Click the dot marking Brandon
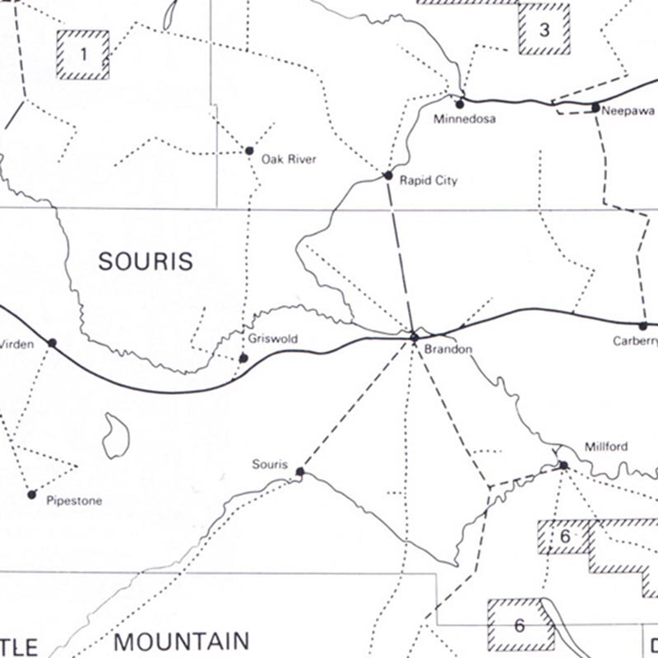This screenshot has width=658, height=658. tap(415, 337)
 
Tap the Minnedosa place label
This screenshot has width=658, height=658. tap(465, 119)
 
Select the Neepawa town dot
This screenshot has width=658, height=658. tap(595, 107)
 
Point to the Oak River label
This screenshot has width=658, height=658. tap(289, 159)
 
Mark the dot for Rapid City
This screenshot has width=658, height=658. tap(388, 175)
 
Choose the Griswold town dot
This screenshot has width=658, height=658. tap(243, 358)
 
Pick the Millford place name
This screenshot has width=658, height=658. tap(605, 447)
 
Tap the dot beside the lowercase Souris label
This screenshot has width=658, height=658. tap(299, 472)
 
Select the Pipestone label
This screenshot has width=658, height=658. tap(74, 500)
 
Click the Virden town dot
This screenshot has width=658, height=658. tap(52, 342)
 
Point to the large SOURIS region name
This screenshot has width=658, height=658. tap(146, 262)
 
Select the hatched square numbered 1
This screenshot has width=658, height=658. tap(83, 55)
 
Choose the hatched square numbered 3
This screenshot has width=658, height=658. tap(544, 30)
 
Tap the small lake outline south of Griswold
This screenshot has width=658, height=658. tap(116, 435)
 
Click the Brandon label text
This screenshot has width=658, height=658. tap(448, 350)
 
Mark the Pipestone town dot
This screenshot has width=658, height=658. tap(31, 494)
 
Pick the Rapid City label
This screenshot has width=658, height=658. tap(428, 180)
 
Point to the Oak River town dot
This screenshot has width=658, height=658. tap(249, 151)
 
